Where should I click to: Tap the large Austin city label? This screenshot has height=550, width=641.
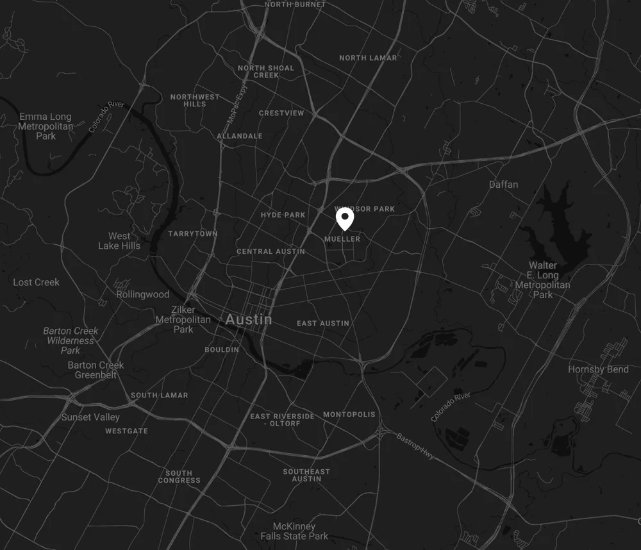coord(249,319)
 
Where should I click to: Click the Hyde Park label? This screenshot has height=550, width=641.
coord(283,215)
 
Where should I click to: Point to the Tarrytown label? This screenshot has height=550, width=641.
coord(193,234)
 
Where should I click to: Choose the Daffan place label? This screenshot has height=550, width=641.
coord(503,185)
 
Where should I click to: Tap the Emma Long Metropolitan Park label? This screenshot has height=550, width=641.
coord(46,126)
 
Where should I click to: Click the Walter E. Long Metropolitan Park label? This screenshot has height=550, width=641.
coord(543,280)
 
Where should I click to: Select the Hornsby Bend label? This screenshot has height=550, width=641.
coord(597,369)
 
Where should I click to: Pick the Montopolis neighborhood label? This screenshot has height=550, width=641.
coord(349,415)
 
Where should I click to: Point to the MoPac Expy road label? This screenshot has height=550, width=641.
coord(236,106)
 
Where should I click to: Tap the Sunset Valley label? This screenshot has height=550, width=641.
coord(90,417)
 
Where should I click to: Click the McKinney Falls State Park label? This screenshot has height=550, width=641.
coord(294,531)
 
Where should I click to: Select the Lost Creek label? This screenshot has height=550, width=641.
coord(36,282)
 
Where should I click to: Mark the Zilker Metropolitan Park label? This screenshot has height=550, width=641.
coord(183,319)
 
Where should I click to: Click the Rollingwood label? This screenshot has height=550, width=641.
coord(143,295)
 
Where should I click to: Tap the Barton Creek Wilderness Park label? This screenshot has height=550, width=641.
coord(71,340)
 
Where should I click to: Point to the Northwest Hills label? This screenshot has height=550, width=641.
coord(195,101)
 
